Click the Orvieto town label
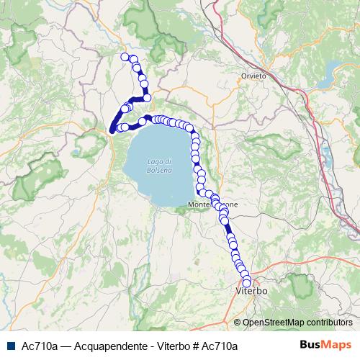pos(253,76)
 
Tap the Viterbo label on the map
pos(252,292)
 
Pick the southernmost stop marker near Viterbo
pos(247,283)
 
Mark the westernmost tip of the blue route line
pos(111,131)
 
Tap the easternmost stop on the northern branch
pos(147,97)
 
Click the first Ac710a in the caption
pos(39,346)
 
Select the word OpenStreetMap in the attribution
pos(271,323)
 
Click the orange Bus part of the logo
pos(310,346)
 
